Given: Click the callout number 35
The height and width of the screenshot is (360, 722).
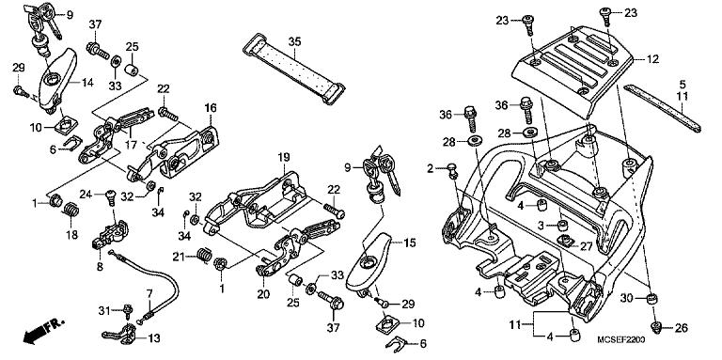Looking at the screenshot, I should (294, 42).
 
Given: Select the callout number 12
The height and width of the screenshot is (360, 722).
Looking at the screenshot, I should (651, 58).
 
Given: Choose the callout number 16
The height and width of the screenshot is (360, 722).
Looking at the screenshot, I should (211, 107).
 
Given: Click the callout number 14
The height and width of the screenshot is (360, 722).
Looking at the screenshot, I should (87, 84).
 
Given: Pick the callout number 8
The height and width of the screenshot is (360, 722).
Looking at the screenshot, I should (99, 266).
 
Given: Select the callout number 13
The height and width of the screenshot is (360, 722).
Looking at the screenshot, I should (153, 338).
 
